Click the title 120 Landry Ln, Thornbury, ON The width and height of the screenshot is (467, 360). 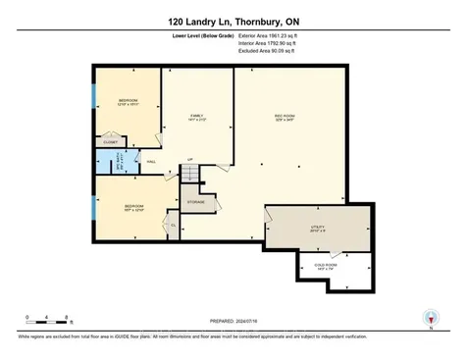(x=233, y=20)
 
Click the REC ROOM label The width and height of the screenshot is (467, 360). (x=285, y=118)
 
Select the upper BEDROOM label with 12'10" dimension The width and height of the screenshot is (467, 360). (x=128, y=102)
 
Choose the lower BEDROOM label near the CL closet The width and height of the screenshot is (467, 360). (x=128, y=207)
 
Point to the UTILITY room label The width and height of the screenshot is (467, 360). (x=316, y=228)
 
